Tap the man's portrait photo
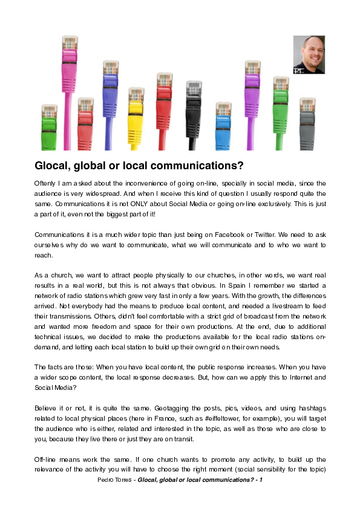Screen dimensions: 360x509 tap(309, 54)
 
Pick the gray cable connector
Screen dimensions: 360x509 tap(307, 115)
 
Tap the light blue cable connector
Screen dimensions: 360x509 tap(223, 118)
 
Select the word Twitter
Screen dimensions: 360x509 tap(284, 234)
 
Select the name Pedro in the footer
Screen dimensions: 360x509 tap(106, 480)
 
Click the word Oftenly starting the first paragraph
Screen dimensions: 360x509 tap(46, 183)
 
